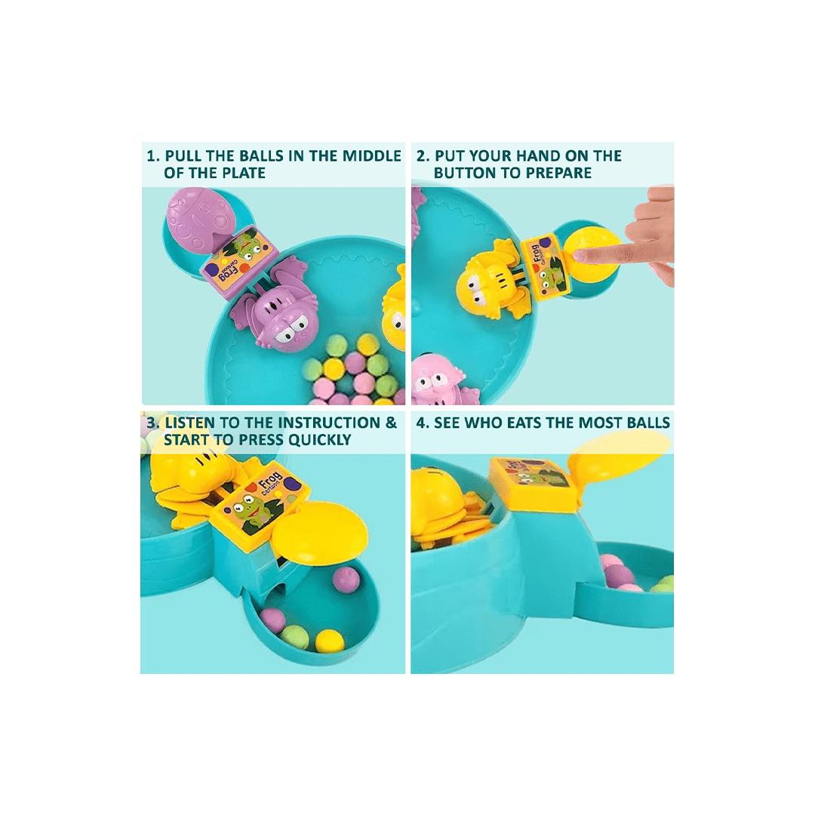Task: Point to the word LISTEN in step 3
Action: coord(189,423)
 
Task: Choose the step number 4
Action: coord(422,423)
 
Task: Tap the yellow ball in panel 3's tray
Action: coord(330,641)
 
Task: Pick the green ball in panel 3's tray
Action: coord(295,635)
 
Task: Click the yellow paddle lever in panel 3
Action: coord(320,534)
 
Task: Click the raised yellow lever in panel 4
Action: coord(619,457)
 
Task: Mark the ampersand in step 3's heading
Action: coord(391,423)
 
